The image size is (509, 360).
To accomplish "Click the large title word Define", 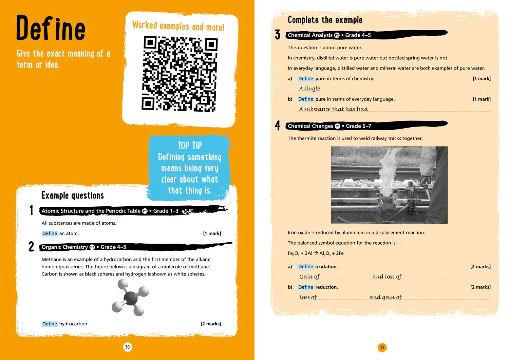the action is click(51, 28).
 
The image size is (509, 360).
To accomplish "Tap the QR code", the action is click(180, 74).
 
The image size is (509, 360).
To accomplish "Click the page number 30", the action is click(128, 347).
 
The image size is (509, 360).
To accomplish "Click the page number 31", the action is click(382, 347).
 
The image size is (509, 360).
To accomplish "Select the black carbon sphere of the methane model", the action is click(131, 298).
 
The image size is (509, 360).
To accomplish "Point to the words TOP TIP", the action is click(190, 146).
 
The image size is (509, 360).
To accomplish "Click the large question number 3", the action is click(278, 35).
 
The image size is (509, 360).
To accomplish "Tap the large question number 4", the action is click(278, 126).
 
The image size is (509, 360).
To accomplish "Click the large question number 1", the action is click(31, 210).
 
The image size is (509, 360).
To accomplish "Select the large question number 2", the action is click(31, 246).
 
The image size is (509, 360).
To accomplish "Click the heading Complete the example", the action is click(325, 20).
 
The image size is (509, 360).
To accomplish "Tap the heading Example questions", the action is click(73, 195).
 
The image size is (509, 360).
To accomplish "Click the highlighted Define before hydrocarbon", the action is click(50, 324).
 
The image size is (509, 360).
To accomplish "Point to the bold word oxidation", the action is click(326, 267).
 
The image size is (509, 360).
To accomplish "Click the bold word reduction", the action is click(326, 287).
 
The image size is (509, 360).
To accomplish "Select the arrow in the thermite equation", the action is click(316, 253).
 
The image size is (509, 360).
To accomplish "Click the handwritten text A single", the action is click(309, 89).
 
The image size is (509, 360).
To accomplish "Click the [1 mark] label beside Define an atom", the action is click(212, 233).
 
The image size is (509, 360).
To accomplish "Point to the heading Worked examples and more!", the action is click(178, 26).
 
